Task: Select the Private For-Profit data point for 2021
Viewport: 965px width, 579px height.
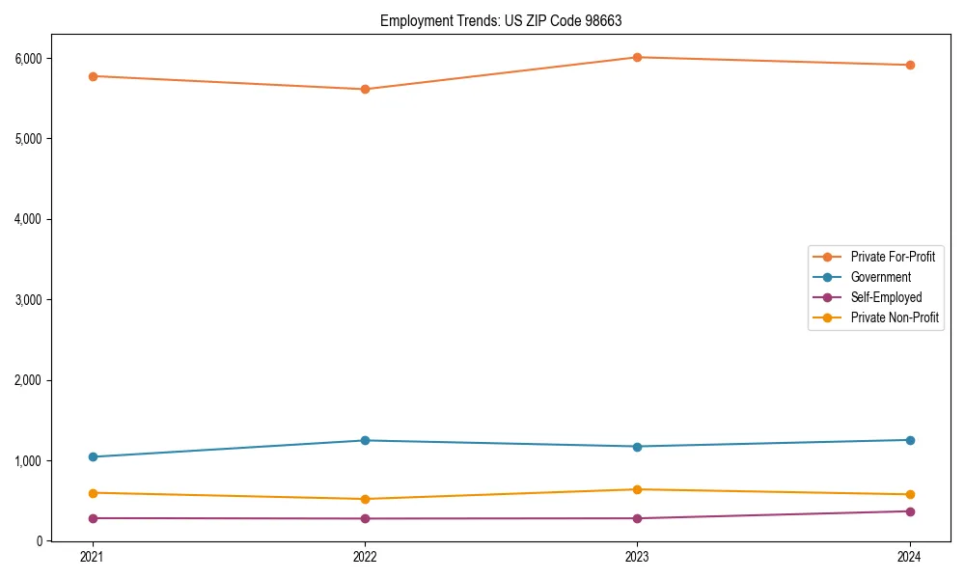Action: coord(93,76)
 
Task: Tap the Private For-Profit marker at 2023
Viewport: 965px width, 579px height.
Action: coord(637,58)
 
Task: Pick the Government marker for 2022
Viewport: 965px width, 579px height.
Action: coord(365,441)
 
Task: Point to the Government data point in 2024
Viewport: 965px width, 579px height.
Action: coord(909,440)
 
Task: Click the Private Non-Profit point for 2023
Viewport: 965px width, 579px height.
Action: coord(637,489)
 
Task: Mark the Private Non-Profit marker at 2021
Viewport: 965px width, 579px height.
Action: coord(93,493)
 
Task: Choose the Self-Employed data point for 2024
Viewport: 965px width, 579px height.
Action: coord(909,511)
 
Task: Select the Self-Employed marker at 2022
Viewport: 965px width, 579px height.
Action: coord(365,519)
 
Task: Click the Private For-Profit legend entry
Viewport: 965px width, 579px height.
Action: coord(892,257)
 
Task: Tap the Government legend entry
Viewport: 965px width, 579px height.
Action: coord(880,277)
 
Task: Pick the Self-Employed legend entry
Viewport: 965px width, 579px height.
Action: coord(886,297)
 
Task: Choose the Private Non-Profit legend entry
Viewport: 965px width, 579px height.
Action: coord(895,317)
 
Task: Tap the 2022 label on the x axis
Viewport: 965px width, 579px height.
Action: coord(365,557)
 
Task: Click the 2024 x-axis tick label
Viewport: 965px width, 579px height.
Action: coord(909,557)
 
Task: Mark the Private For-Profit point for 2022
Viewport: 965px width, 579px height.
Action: coord(365,90)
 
